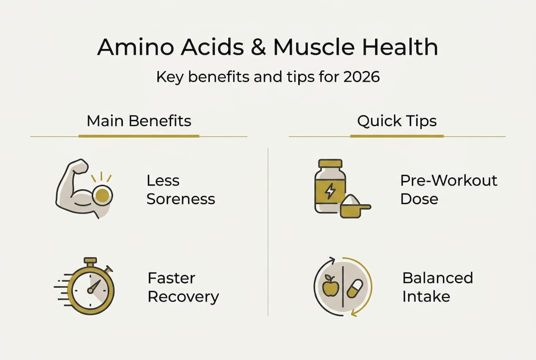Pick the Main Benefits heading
click(x=139, y=121)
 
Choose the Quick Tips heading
click(x=397, y=121)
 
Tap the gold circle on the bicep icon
click(x=102, y=195)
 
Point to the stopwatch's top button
click(x=90, y=261)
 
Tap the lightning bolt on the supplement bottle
click(x=330, y=191)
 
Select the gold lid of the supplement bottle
click(x=330, y=163)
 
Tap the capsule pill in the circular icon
click(x=354, y=289)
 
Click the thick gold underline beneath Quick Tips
click(x=397, y=136)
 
